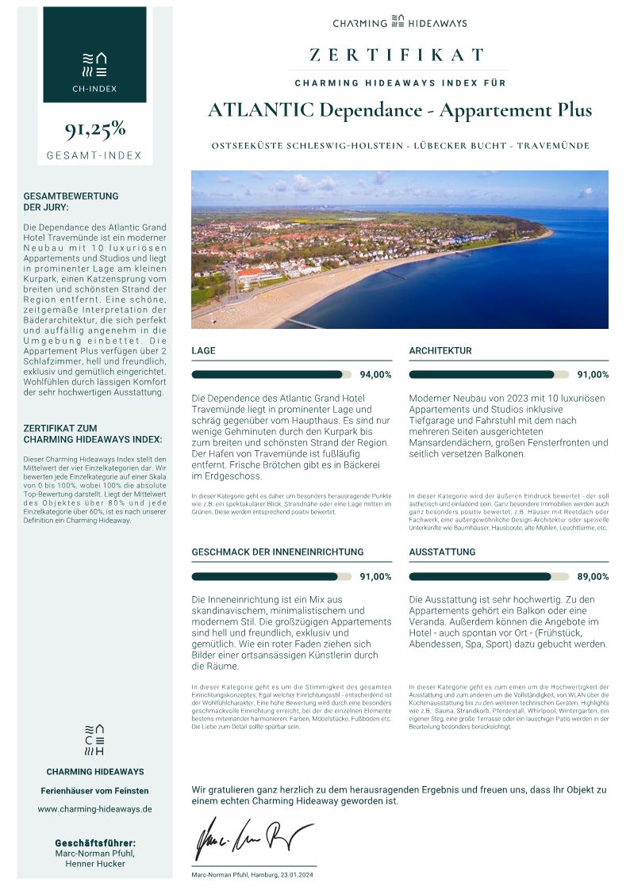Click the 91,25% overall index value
click(94, 129)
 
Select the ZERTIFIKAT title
click(397, 55)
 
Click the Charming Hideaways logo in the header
click(399, 22)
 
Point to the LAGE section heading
click(203, 350)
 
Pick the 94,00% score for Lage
click(375, 375)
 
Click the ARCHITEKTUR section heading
click(440, 350)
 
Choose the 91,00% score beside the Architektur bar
click(593, 375)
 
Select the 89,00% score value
click(593, 577)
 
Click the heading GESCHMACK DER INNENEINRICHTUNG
click(278, 552)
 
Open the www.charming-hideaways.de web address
click(94, 809)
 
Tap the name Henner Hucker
click(94, 864)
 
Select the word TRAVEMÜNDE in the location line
click(553, 147)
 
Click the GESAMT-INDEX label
click(94, 155)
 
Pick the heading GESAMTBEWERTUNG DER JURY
click(71, 201)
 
